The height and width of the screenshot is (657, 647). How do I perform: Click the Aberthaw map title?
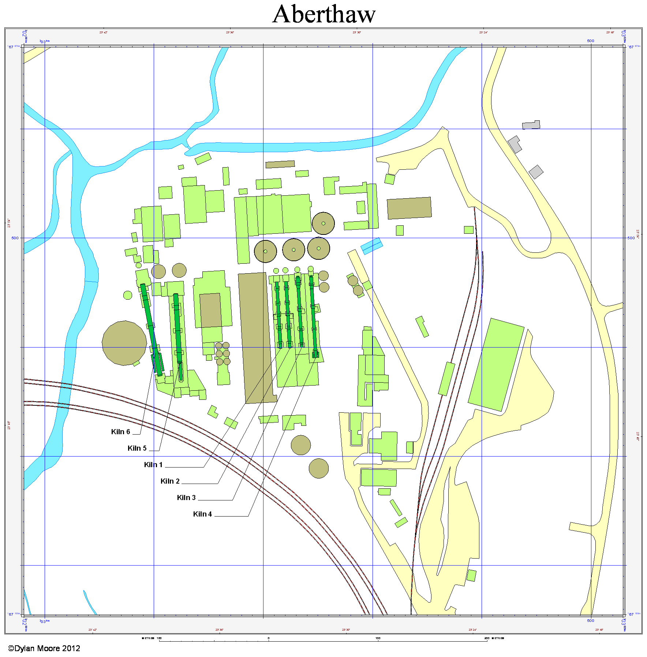click(x=324, y=15)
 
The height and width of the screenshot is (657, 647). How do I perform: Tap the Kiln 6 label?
click(x=120, y=432)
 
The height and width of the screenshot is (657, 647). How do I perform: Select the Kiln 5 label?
click(x=137, y=448)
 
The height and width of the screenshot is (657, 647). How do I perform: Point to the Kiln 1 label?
click(x=153, y=465)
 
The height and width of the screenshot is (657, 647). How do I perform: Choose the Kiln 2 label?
click(x=170, y=481)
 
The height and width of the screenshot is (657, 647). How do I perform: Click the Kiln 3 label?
click(x=186, y=498)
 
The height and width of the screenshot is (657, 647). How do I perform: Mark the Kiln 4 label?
click(x=202, y=514)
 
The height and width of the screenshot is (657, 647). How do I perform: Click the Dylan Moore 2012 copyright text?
click(x=44, y=649)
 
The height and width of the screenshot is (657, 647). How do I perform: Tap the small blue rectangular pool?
click(x=372, y=246)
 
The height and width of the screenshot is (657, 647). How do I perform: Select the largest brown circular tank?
click(x=124, y=343)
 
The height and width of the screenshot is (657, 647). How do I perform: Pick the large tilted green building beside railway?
click(x=497, y=364)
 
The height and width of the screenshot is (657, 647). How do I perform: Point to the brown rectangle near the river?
click(x=280, y=164)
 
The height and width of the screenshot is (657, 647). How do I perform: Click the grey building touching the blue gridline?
click(x=531, y=125)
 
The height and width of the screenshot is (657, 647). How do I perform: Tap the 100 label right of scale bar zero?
click(x=378, y=638)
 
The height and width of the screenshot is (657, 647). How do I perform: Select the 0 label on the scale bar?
click(x=268, y=638)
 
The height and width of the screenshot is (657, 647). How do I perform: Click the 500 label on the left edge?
click(x=15, y=238)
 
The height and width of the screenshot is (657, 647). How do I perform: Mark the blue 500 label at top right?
click(x=590, y=41)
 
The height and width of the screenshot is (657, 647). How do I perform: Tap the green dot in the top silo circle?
click(x=323, y=224)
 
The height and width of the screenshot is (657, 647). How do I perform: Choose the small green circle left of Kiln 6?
click(x=128, y=295)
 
